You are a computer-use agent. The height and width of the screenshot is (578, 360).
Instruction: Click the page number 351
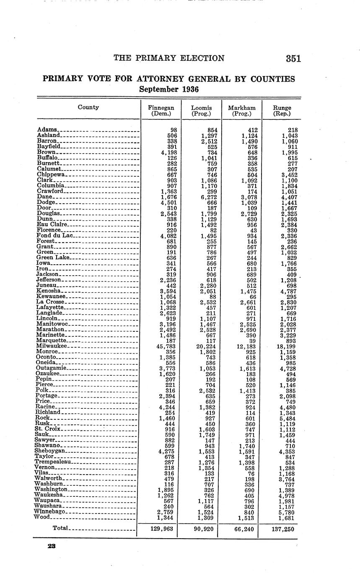pos(293,59)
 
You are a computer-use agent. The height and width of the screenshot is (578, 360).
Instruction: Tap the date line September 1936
pos(169,89)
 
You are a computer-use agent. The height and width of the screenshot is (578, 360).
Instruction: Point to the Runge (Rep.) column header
pos(282,111)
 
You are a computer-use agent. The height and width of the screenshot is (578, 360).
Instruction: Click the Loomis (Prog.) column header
pos(202,111)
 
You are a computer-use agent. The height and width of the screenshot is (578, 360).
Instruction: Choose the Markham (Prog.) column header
pos(241,111)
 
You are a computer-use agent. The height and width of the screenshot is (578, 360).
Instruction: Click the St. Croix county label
pos(49,428)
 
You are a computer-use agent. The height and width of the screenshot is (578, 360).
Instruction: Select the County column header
pos(88,107)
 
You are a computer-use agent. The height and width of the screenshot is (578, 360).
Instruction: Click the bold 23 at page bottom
pos(52,546)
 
